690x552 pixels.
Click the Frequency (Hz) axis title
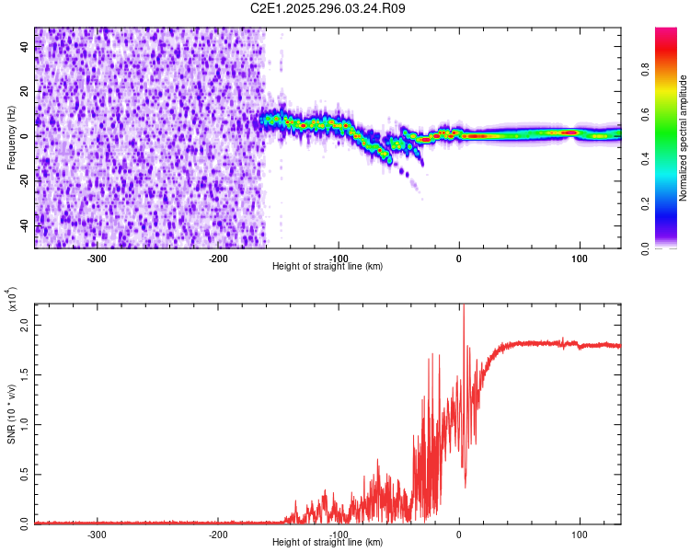pos(12,137)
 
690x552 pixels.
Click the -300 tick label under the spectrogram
pos(98,259)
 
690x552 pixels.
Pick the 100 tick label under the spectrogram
pos(580,259)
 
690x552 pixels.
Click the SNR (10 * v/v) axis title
pos(12,413)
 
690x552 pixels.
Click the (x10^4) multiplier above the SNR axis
pos(12,299)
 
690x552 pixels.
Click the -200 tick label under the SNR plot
pos(218,534)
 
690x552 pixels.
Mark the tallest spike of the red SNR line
pos(464,306)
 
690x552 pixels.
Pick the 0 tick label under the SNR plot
pos(459,534)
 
